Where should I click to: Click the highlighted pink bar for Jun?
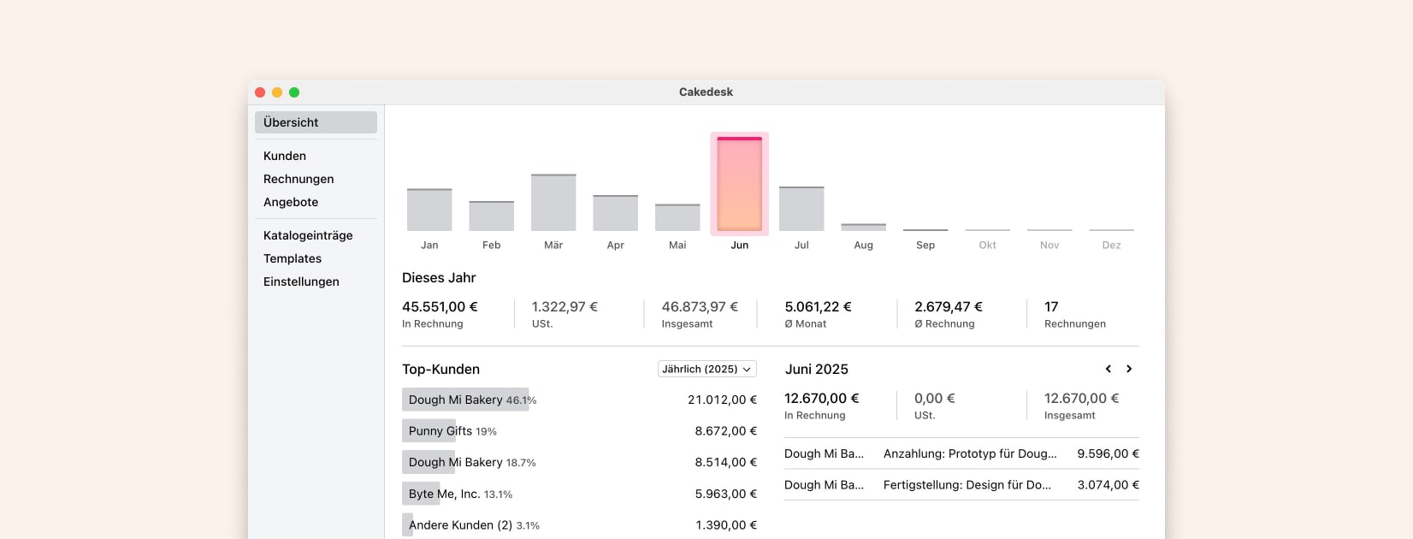pos(739,184)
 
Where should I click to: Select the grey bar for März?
pos(553,203)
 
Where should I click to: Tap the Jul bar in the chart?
pos(801,209)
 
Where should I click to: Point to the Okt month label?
pos(987,245)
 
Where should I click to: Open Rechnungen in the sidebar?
pos(299,179)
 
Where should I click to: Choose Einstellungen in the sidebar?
pos(301,281)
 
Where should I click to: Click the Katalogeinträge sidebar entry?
pos(308,235)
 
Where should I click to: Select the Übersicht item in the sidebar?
pos(316,122)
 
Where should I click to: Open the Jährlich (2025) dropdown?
pos(706,369)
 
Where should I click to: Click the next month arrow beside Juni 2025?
pos(1129,369)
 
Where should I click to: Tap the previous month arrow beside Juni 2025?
pos(1109,369)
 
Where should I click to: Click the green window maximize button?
pos(294,92)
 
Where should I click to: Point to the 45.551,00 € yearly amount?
pos(440,306)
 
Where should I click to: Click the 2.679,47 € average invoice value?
pos(948,306)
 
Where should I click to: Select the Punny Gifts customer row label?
pos(440,431)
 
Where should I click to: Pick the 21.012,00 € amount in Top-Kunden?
pos(722,400)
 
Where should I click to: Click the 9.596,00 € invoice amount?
pos(1108,453)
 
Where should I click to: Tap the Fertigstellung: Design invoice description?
pos(967,484)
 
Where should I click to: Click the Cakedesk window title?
pos(706,92)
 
